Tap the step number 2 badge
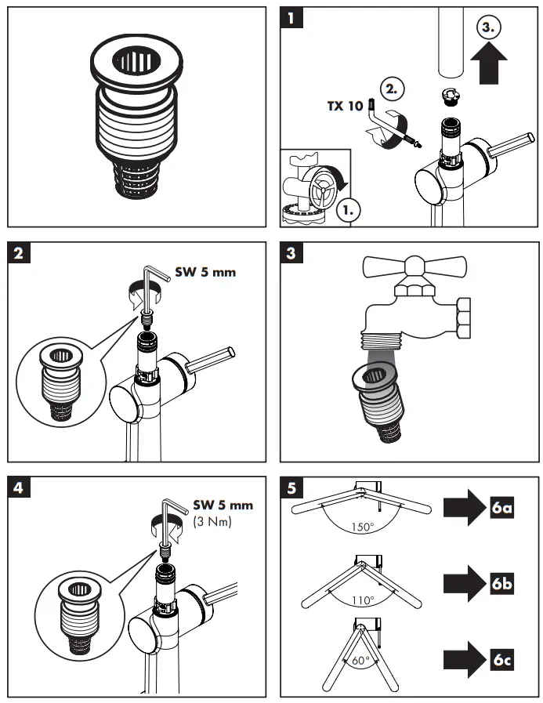18,253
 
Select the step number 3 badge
291,253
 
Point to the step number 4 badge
18,487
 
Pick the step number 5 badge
291,487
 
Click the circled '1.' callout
345,210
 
